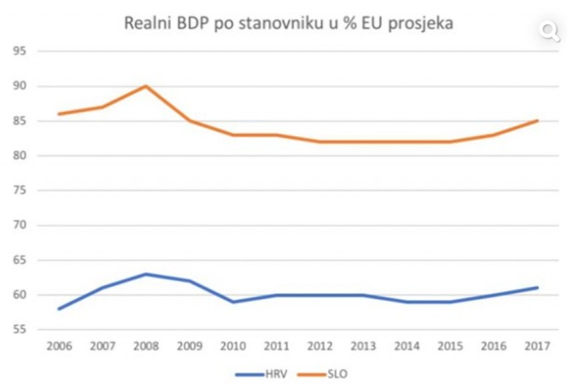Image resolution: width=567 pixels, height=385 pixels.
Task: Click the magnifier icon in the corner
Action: coord(550,31)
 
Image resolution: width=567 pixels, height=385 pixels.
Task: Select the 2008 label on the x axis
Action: coord(146,347)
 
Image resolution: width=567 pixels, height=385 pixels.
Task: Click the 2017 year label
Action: coord(537,347)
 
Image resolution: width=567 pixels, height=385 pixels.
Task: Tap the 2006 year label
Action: coord(59,347)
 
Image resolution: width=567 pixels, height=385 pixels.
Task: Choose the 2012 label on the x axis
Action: coord(320,347)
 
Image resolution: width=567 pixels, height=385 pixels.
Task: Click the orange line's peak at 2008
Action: coord(146,86)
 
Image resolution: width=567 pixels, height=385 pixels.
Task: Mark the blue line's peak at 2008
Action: coord(146,274)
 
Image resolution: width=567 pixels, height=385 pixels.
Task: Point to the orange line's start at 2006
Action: coord(59,114)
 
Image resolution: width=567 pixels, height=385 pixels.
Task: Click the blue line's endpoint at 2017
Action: coord(537,288)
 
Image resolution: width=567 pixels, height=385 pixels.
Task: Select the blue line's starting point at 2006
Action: coord(59,309)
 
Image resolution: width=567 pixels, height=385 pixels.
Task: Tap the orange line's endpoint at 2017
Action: coord(537,121)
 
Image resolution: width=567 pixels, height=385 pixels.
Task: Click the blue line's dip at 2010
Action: coord(233,302)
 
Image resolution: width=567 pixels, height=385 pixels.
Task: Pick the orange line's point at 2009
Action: coord(190,121)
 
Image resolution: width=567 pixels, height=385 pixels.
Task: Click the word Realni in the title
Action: coord(148,23)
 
